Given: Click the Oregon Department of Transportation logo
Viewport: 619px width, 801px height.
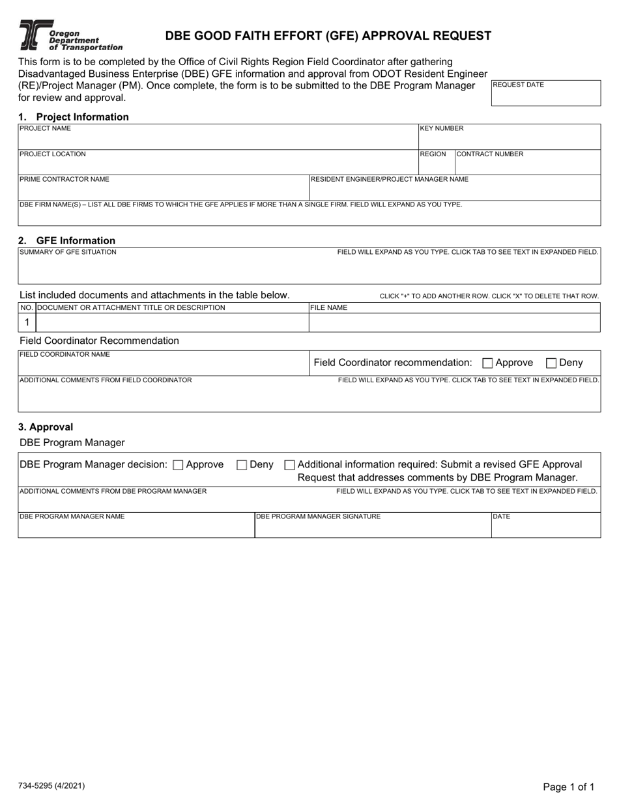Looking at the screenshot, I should point(70,35).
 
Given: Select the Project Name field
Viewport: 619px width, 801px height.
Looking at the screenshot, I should point(218,139).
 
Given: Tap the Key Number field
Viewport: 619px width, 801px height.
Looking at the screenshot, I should point(509,139).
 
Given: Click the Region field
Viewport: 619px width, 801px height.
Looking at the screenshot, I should point(435,165).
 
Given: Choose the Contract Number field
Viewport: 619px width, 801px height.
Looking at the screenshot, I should point(527,165).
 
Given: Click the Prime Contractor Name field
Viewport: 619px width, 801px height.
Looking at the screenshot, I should point(163,190).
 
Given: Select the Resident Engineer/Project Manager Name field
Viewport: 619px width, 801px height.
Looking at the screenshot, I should point(454,190).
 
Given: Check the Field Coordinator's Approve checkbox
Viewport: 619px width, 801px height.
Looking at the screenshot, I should point(487,363).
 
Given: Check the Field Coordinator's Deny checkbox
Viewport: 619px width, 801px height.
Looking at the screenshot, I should point(551,363).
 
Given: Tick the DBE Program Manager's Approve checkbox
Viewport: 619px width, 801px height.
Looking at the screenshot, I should point(178,465).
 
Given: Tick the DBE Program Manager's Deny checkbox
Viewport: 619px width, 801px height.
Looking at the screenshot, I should point(242,465).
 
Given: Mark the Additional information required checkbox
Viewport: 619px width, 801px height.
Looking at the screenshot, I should point(290,465).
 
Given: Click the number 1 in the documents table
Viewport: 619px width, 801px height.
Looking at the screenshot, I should point(27,322).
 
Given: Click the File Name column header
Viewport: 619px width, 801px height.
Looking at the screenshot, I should point(329,307).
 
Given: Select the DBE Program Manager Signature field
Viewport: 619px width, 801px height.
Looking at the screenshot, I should point(372,527).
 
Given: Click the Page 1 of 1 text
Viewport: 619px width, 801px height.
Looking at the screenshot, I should point(568,787).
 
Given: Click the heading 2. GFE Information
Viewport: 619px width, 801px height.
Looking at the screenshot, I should point(67,240).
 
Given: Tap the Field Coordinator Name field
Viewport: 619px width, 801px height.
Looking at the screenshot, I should point(163,366).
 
